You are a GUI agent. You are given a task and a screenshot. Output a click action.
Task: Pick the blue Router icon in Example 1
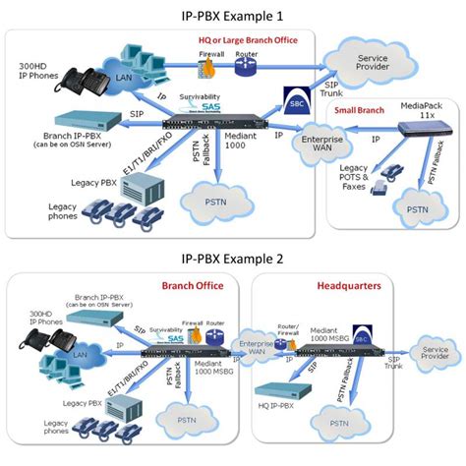[x=244, y=66]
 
